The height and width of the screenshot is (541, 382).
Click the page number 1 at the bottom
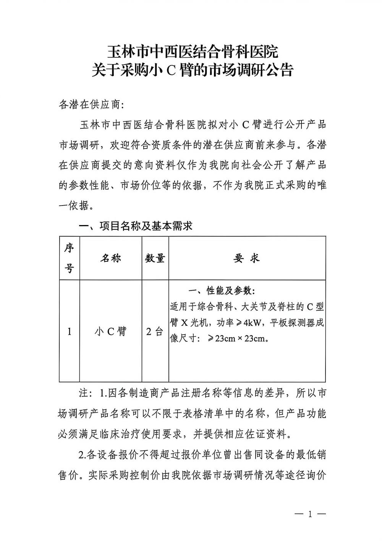coord(310,514)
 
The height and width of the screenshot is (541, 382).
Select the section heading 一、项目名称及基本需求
coord(135,226)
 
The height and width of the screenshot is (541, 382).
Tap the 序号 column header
coord(69,258)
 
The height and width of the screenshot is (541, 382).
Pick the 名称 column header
coord(110,258)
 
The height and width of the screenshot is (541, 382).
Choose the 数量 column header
coord(155,258)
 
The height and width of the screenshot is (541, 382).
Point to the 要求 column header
coord(247,258)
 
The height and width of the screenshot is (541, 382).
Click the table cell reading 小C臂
coord(110,332)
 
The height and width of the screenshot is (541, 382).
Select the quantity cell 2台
coord(154,332)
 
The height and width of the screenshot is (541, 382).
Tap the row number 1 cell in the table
coord(69,332)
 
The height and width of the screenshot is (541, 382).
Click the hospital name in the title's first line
coord(192,51)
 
